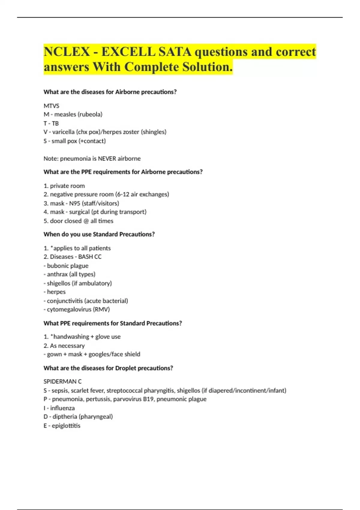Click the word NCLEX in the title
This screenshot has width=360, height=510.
[67, 52]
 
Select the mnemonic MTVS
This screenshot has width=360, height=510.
[51, 106]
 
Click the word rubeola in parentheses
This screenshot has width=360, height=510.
[91, 114]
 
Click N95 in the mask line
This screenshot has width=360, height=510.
[74, 203]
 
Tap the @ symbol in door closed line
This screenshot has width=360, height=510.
[86, 221]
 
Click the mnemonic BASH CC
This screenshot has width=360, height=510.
[90, 256]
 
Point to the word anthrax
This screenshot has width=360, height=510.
[57, 274]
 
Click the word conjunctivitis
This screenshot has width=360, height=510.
[64, 301]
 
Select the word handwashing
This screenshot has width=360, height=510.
[71, 337]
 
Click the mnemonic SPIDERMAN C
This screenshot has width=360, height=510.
[62, 381]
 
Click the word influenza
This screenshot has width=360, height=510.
[62, 408]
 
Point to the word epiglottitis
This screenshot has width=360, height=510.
[66, 425]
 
